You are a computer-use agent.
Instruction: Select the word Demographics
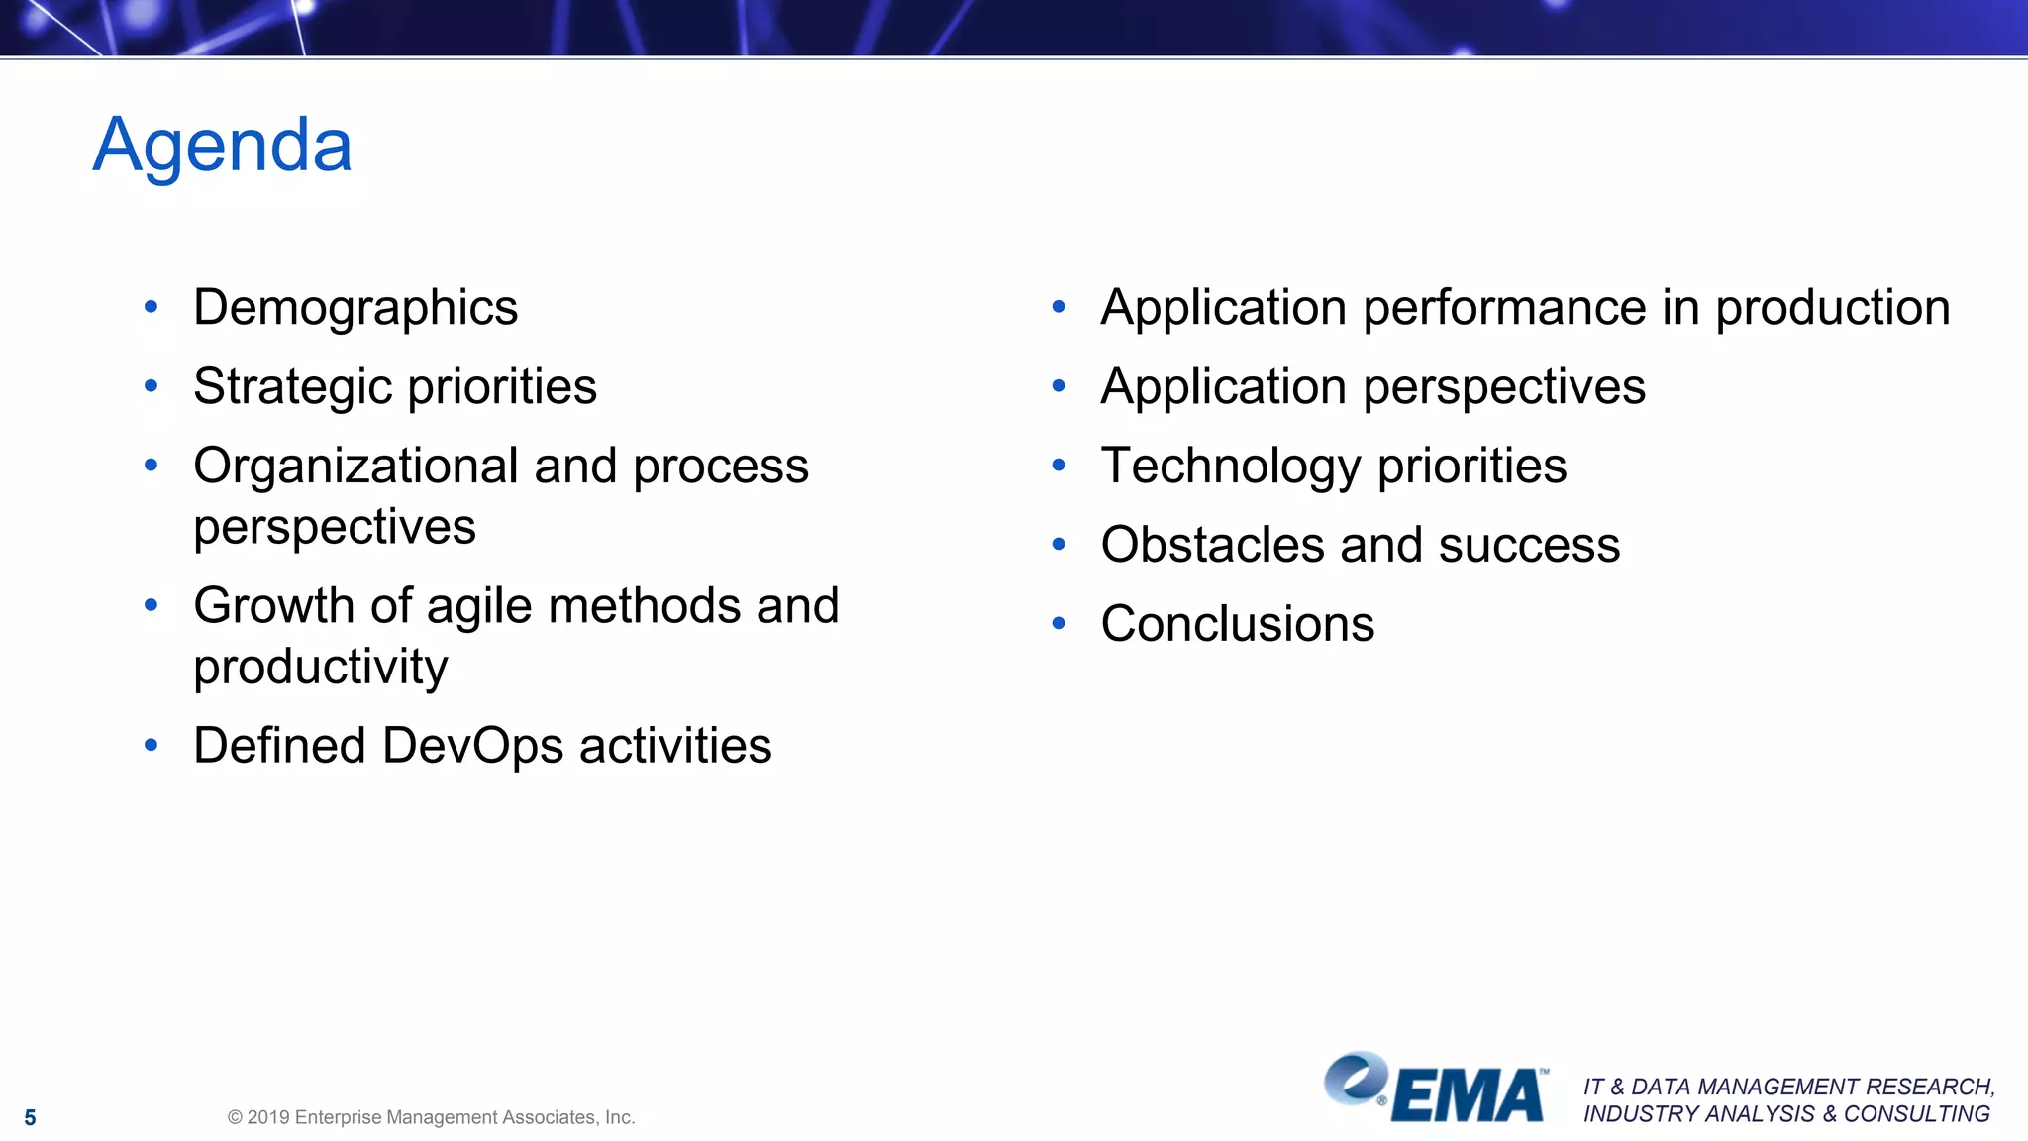click(355, 308)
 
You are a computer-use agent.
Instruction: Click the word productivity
click(320, 667)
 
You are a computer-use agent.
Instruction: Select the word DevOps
click(472, 746)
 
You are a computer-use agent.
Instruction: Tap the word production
click(1832, 308)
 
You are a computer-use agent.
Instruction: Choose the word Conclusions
click(1237, 624)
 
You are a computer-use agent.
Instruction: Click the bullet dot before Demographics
click(151, 308)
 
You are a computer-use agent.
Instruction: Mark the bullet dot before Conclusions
click(1058, 624)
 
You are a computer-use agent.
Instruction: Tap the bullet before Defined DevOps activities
click(151, 746)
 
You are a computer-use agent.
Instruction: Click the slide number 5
click(30, 1118)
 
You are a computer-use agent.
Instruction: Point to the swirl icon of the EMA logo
click(1356, 1078)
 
